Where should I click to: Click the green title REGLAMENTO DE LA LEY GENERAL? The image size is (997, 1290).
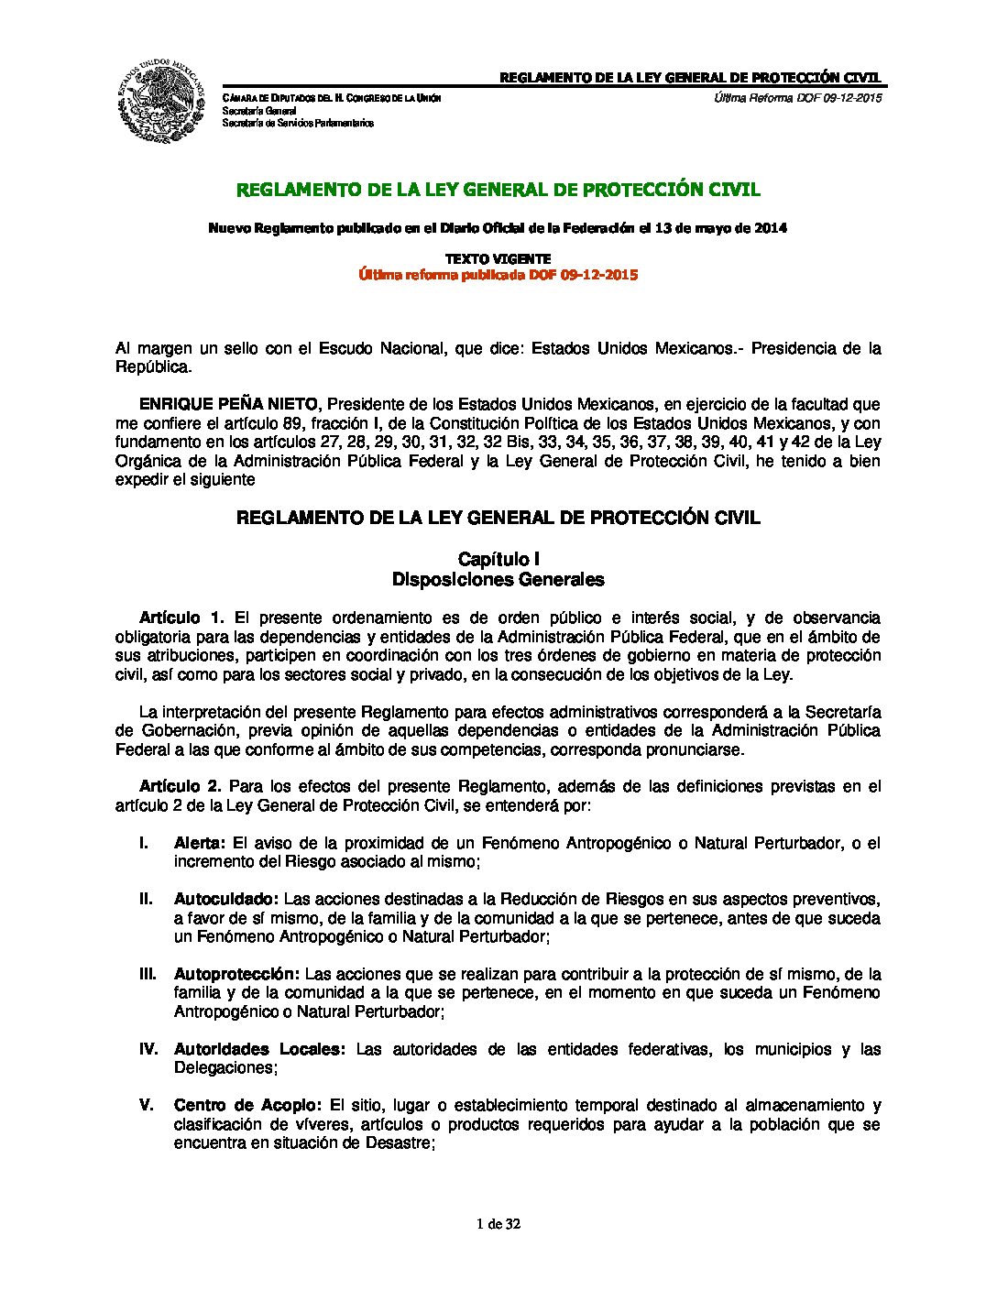[x=498, y=191]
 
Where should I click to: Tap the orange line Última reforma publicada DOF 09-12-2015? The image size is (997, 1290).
[x=498, y=275]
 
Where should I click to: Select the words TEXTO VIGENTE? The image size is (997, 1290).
[x=498, y=259]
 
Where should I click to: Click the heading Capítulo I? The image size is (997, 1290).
[x=498, y=559]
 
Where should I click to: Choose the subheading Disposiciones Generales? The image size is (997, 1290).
[x=498, y=580]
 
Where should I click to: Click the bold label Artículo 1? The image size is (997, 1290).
[x=181, y=618]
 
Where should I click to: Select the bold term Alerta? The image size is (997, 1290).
[x=200, y=843]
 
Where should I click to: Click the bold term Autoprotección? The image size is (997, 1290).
[x=236, y=974]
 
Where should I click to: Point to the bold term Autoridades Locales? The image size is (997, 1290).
[x=259, y=1049]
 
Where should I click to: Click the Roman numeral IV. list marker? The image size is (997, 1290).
[x=148, y=1049]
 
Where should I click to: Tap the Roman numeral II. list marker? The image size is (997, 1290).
[x=146, y=899]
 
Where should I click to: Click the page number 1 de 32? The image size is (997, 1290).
[x=498, y=1224]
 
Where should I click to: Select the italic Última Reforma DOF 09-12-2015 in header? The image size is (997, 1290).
[x=797, y=98]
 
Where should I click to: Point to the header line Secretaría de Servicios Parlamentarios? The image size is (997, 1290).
[x=298, y=123]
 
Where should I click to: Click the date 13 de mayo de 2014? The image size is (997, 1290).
[x=721, y=228]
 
